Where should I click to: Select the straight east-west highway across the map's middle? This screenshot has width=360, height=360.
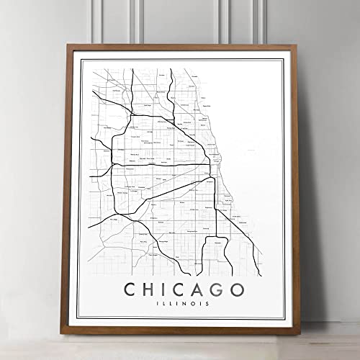(x=158, y=164)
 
